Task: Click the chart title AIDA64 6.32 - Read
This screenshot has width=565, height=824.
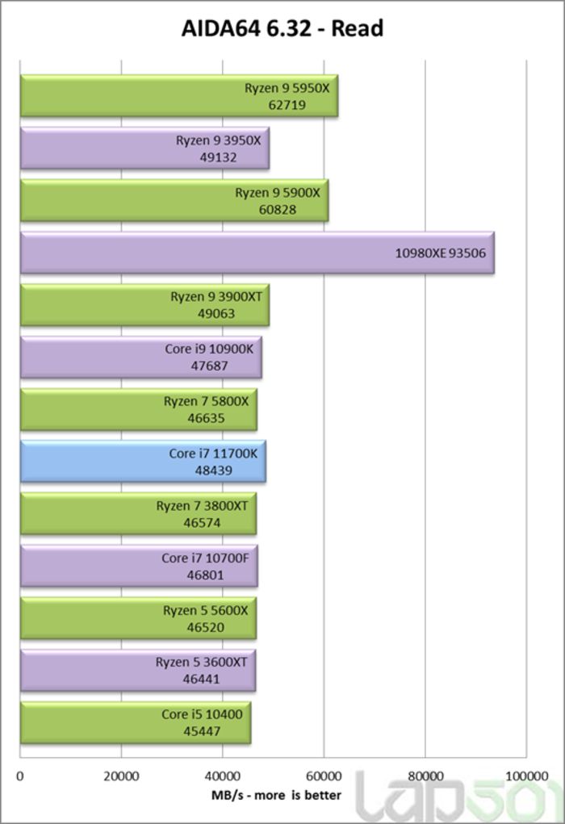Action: (282, 29)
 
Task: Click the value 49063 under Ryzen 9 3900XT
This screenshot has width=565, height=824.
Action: (216, 313)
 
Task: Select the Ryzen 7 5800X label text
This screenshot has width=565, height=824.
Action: (206, 402)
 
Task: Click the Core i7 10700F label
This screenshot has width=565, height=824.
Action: (204, 558)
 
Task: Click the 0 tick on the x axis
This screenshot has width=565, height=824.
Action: (20, 776)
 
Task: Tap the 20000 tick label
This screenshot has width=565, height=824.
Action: (121, 776)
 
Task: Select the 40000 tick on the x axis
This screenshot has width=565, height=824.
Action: (223, 776)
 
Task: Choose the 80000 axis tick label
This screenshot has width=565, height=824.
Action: (425, 776)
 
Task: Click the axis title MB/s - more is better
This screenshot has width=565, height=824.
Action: (276, 795)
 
